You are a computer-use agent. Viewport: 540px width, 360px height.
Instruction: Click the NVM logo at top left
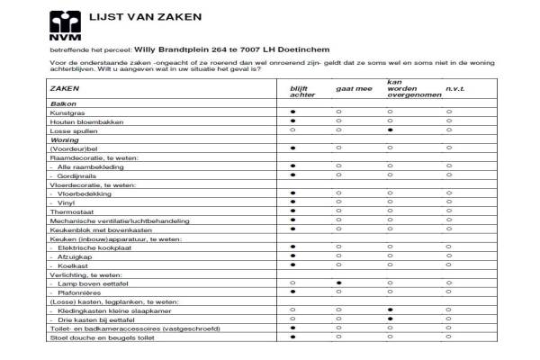pos(64,24)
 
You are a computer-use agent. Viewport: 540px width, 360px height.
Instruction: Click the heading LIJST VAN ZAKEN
pos(145,17)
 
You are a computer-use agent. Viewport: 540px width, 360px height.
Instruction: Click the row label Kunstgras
pos(67,113)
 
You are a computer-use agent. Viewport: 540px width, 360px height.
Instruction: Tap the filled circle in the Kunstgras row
pos(292,113)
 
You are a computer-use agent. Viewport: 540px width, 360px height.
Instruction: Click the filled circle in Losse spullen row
pos(390,130)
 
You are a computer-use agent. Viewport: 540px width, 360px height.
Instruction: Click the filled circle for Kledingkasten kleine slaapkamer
pos(390,310)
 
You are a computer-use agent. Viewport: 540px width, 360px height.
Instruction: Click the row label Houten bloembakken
pos(80,122)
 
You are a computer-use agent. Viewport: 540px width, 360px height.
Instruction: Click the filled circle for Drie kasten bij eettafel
pos(390,319)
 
